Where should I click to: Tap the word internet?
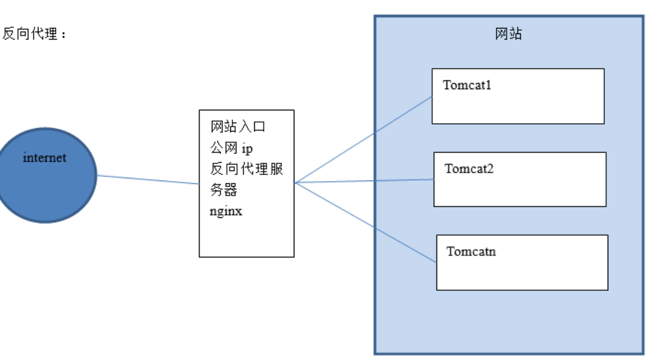(x=44, y=158)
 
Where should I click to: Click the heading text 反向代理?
(x=30, y=35)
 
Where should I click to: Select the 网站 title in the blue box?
(x=508, y=34)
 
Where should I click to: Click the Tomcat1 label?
(x=467, y=85)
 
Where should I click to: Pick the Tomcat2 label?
(x=469, y=168)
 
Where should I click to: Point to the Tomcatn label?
(x=471, y=251)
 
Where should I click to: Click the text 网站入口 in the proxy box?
(x=238, y=127)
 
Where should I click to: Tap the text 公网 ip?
(x=231, y=148)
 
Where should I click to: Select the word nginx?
(x=226, y=212)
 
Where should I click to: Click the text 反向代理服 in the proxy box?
(x=247, y=169)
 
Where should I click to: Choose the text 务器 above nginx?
(x=224, y=190)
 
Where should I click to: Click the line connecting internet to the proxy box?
(x=148, y=179)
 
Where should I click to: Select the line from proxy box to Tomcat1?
(x=362, y=139)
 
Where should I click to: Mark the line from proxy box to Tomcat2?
(x=362, y=181)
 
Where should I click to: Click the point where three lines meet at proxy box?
(x=295, y=182)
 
